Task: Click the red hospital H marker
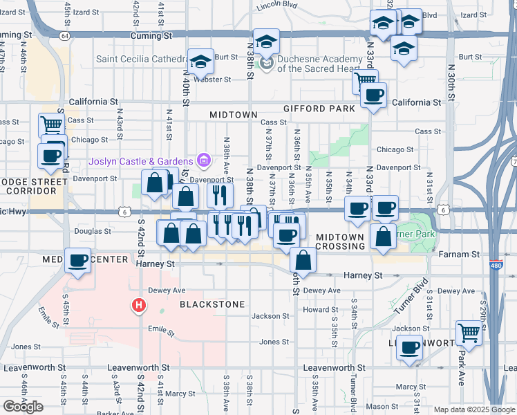point(139,304)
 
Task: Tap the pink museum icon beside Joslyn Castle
point(203,161)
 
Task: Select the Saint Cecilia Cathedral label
point(142,58)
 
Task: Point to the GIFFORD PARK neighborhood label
point(319,109)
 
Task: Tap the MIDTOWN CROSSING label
point(340,241)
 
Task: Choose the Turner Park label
point(417,234)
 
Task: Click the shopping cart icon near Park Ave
point(469,333)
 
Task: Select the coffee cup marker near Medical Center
point(78,260)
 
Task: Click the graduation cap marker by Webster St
point(200,64)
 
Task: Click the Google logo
point(23,407)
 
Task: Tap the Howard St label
point(320,310)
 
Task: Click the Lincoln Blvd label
point(276,6)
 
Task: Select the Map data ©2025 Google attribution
point(475,409)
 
